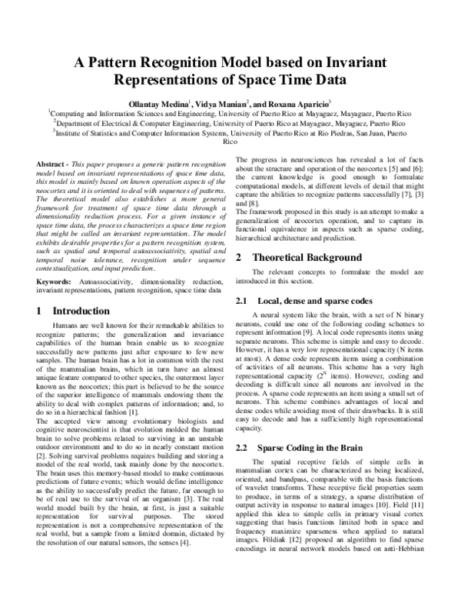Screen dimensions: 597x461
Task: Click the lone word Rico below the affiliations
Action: click(230, 142)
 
